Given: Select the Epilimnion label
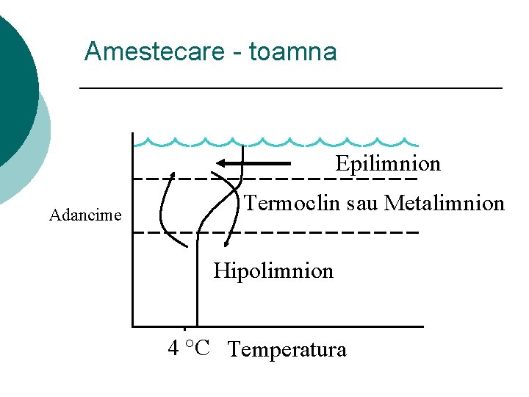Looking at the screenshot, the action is (388, 163).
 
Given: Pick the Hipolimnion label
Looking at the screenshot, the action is (273, 271).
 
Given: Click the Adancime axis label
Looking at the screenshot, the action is (85, 215).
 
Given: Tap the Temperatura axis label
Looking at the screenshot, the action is (287, 349).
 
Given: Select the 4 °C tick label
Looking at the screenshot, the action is (189, 348).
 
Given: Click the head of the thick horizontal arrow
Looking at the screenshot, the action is (221, 163).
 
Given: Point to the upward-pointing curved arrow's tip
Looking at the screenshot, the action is (173, 176).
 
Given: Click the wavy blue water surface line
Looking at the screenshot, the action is (279, 142).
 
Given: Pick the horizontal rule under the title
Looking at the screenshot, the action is (290, 88).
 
